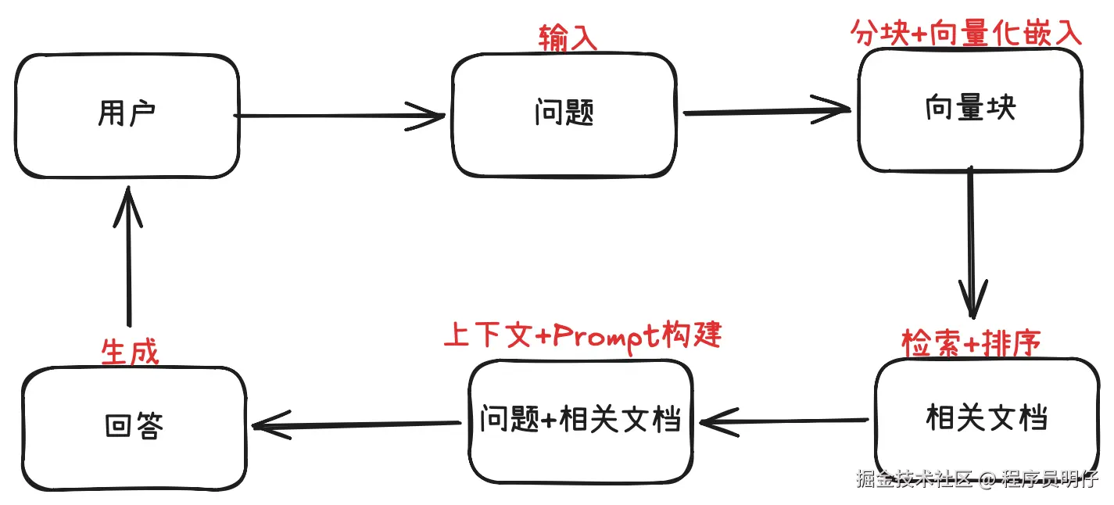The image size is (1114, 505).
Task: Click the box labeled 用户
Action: (127, 116)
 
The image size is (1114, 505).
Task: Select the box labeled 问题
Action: (564, 116)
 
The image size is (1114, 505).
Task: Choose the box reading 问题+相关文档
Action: (581, 421)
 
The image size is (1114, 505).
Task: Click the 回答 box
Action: (134, 427)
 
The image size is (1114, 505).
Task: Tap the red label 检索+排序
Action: (971, 342)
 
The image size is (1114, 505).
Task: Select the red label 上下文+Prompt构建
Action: (582, 335)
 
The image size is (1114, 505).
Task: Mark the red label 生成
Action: (130, 353)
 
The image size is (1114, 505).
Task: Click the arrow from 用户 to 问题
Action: (340, 116)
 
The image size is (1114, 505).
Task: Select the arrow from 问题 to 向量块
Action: (766, 111)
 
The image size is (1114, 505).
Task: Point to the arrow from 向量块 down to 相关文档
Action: (972, 242)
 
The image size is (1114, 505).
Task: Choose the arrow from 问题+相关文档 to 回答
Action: (356, 425)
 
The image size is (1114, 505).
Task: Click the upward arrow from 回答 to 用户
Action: (128, 258)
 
